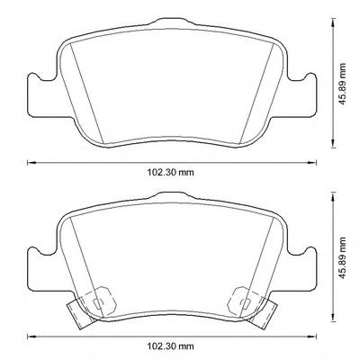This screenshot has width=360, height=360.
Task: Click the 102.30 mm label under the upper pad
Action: pos(170,173)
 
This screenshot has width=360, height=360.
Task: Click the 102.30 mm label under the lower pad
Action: pos(170,346)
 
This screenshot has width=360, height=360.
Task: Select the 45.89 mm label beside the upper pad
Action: pos(342,84)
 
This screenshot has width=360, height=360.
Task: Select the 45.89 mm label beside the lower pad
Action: pos(342,257)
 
